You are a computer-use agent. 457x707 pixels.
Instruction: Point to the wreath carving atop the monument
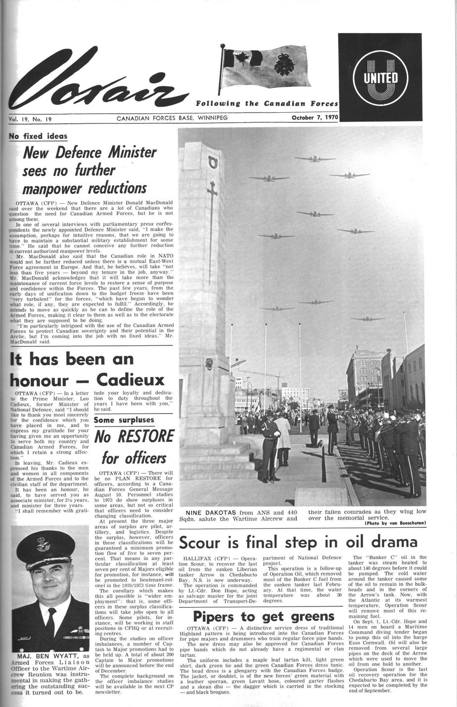tap(214, 162)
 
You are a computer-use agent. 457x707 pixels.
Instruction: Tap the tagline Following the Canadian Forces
tap(267, 104)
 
